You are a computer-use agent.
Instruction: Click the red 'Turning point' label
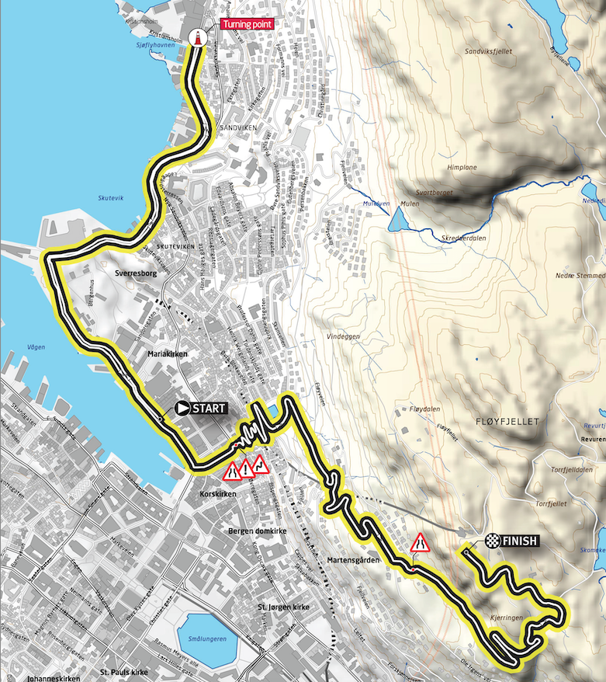pos(244,24)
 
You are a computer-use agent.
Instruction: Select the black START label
pos(209,408)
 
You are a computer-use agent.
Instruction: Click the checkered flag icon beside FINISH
pos(492,541)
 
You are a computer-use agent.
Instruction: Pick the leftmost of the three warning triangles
pos(231,471)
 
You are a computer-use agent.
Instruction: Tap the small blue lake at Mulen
pos(396,222)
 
